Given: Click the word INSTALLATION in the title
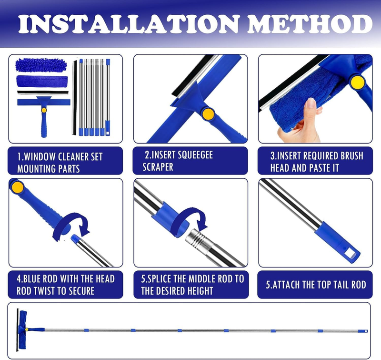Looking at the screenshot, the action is coord(128,24).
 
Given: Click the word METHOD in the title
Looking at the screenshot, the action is coord(310,24).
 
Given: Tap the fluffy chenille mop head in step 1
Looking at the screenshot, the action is coord(41,65).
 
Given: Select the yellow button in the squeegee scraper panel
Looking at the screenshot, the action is coord(208,114).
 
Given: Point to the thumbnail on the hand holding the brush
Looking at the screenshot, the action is coord(311,103).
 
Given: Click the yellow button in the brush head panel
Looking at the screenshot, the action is coord(358,82).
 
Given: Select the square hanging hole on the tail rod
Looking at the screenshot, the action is coord(351,254).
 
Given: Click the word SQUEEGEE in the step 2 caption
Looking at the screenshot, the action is coord(195,155).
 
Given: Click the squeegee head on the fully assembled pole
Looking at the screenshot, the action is coord(21,329).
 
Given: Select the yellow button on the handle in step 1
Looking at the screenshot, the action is coord(44,110).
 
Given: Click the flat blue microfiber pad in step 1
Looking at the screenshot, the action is coord(42,81).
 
